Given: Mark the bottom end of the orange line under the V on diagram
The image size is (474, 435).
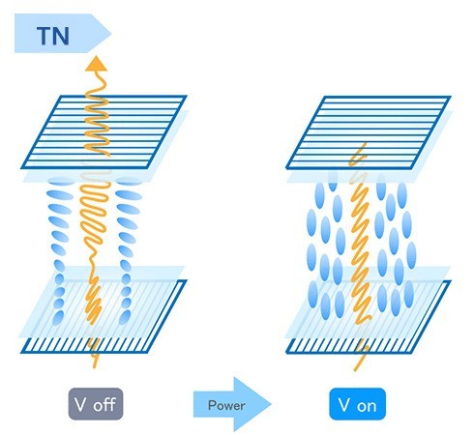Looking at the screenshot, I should point(355,368).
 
